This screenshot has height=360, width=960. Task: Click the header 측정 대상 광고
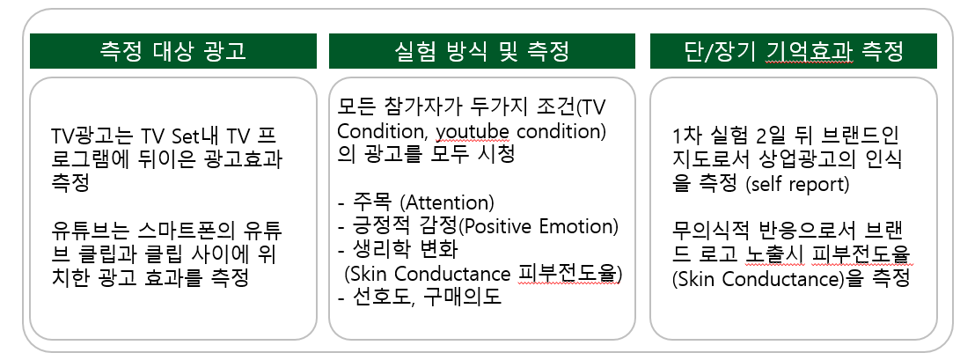(x=172, y=52)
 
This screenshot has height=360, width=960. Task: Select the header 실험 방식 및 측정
(x=481, y=52)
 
